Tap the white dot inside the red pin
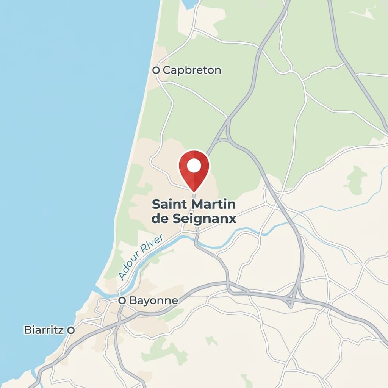coord(194,166)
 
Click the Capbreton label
coord(192,70)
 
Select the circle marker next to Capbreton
coord(155,70)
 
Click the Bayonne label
coord(153,300)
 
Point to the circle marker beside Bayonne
coord(122,300)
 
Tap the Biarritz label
coord(44,330)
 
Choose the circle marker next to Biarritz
coord(70,330)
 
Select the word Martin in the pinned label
coord(214,205)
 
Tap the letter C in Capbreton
coord(166,70)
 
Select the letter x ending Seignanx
coord(232,219)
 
